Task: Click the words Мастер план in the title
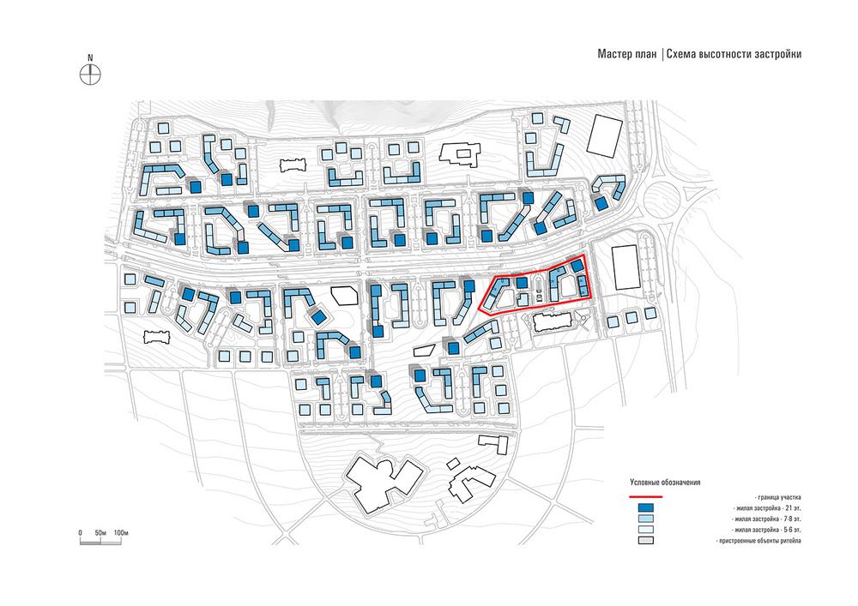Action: click(x=626, y=54)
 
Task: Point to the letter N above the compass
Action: click(x=90, y=57)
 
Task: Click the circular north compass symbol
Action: click(x=90, y=75)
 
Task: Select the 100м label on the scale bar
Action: click(x=120, y=532)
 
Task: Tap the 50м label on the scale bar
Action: click(x=100, y=532)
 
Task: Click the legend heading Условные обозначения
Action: click(x=665, y=483)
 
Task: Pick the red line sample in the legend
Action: click(x=646, y=497)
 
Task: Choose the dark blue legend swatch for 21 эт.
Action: click(x=646, y=507)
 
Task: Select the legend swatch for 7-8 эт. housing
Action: click(x=646, y=519)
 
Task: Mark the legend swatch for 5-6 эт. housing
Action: click(x=646, y=530)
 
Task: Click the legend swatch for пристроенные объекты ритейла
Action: click(x=646, y=540)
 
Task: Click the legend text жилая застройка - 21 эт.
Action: click(x=765, y=508)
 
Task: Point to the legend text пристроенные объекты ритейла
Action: click(x=758, y=541)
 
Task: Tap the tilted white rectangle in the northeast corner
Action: click(x=605, y=135)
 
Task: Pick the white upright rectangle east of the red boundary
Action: click(x=625, y=267)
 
